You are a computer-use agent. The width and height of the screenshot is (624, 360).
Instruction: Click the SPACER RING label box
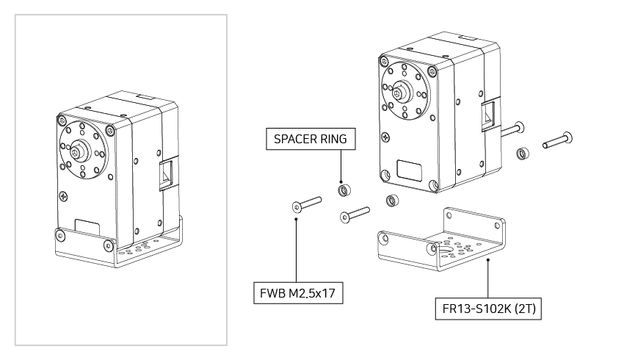pos(310,138)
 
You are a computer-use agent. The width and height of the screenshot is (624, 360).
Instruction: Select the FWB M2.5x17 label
pos(297,294)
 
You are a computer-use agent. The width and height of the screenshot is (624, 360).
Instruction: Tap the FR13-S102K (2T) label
pos(488,309)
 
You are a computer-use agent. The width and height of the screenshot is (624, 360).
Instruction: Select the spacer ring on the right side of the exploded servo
pos(522,154)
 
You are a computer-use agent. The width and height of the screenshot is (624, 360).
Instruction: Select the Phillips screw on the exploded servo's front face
pos(385,137)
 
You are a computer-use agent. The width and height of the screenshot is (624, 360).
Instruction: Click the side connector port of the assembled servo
pos(167,177)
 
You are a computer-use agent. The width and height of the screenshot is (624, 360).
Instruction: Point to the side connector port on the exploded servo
pos(487,116)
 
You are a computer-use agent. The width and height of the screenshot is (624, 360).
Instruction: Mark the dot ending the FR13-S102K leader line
pos(487,259)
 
